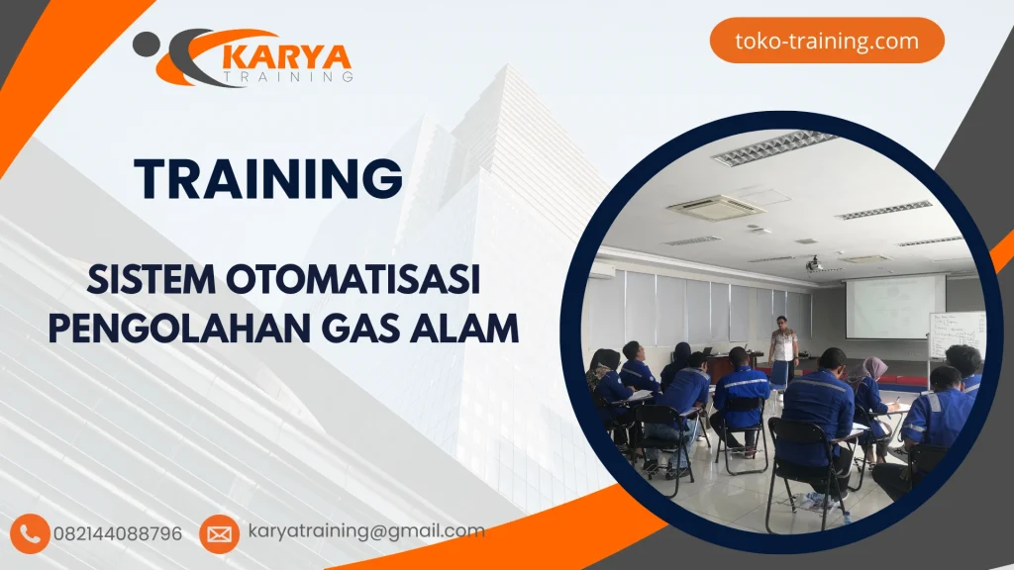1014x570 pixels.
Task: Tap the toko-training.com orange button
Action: [827, 42]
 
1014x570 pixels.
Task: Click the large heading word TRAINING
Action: [268, 179]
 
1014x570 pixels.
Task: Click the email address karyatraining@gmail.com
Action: [366, 531]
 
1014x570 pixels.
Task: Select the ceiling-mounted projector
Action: [814, 264]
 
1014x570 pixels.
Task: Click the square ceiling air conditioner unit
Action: [715, 208]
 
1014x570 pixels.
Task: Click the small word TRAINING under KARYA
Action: [288, 75]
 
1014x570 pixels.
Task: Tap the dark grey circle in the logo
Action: [146, 43]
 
